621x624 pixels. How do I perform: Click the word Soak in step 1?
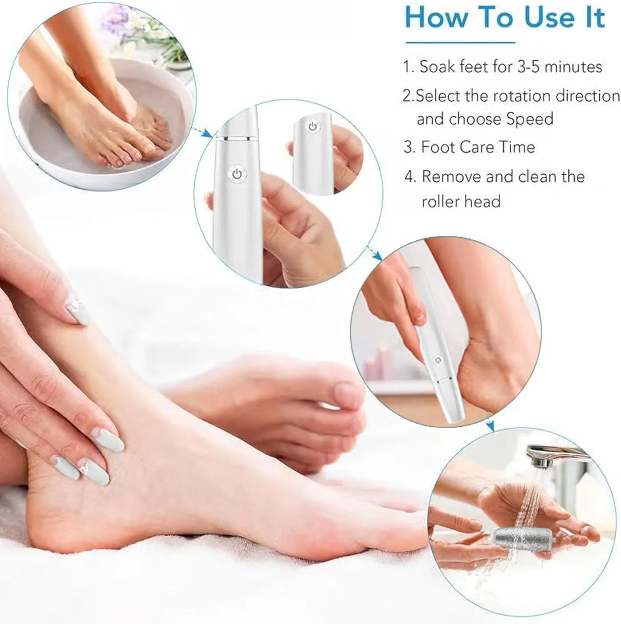click(x=438, y=67)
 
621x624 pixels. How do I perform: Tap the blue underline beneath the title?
click(x=460, y=42)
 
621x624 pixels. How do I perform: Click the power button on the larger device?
click(x=237, y=174)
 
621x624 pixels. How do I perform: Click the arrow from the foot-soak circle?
click(x=204, y=132)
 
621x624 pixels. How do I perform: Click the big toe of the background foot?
click(x=344, y=394)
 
